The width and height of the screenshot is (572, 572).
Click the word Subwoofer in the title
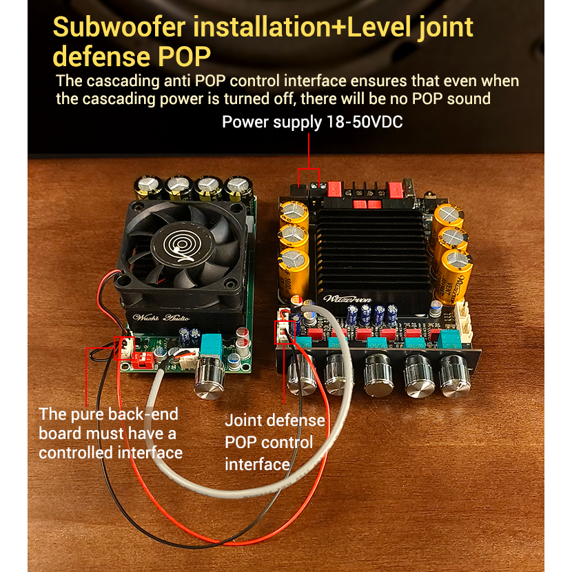pos(119,27)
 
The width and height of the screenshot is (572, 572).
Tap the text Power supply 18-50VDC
pos(312,122)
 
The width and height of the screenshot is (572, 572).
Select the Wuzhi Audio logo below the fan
pos(161,318)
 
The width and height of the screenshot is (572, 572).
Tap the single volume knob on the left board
pos(209,378)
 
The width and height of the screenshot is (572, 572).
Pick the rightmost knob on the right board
pos(454,376)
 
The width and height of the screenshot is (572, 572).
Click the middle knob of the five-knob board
pos(378,376)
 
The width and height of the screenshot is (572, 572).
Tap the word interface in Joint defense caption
pos(257,464)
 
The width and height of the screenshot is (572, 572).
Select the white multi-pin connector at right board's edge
pos(463,322)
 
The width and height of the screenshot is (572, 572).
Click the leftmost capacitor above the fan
pos(148,187)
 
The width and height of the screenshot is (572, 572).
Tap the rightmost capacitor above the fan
pos(239,189)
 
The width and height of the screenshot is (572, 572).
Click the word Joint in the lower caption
pos(243,420)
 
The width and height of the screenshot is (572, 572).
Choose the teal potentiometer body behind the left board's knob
pos(212,347)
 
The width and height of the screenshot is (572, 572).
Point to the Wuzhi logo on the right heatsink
pos(347,299)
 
